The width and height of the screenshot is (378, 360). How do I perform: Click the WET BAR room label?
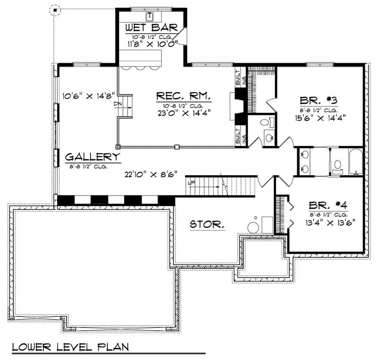click(x=151, y=28)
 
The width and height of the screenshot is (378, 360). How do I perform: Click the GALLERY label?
click(x=93, y=157)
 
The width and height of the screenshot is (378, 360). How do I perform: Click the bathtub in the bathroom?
click(x=354, y=162)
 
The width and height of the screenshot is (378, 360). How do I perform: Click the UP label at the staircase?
click(x=191, y=182)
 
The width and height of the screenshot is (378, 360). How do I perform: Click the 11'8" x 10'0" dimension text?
click(x=151, y=44)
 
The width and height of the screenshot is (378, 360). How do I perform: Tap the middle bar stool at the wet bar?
click(x=140, y=68)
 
